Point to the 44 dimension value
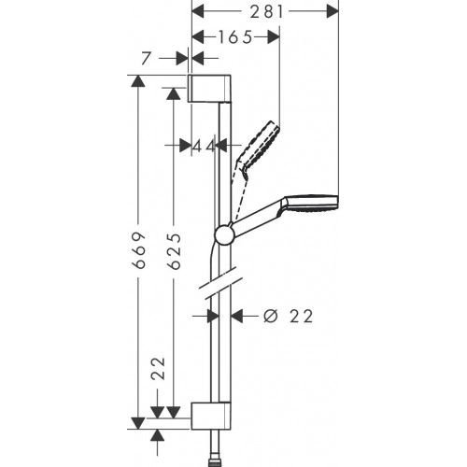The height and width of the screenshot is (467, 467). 204,146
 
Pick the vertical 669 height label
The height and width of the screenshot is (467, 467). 138,249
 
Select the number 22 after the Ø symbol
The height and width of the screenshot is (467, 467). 299,317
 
